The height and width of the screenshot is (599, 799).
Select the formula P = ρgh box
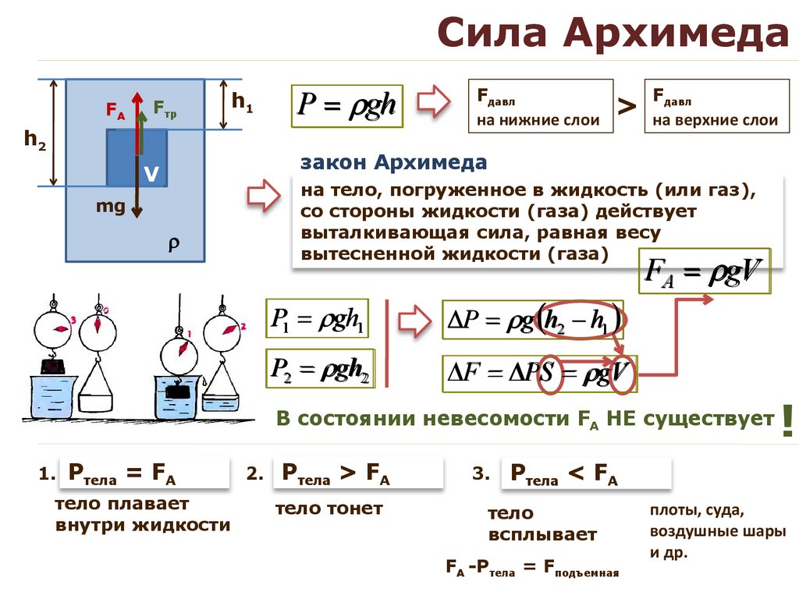tap(347, 106)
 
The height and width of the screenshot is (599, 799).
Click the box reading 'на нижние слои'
tap(540, 106)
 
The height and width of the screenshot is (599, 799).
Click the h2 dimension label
tap(34, 140)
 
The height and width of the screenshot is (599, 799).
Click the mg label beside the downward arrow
tap(110, 207)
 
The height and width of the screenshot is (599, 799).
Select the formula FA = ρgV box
tap(704, 271)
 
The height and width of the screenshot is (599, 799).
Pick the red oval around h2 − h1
tap(582, 320)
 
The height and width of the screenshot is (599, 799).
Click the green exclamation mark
tap(787, 420)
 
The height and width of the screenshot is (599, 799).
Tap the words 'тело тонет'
tap(329, 509)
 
